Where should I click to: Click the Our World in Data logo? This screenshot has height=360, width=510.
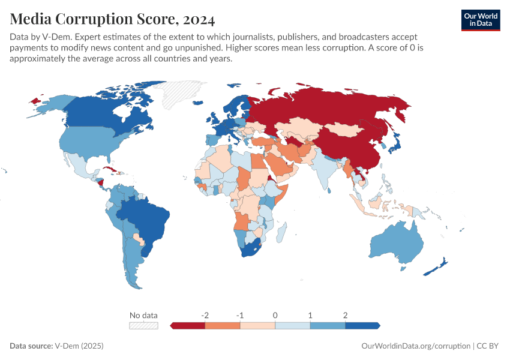point(480,20)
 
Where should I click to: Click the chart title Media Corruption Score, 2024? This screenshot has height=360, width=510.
point(112,19)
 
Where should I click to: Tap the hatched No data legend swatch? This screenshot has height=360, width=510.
point(143,325)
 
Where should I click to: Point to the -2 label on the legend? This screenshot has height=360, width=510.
point(205,315)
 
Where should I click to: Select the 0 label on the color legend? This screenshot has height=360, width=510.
point(275,315)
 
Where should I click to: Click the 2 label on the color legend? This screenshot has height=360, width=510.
point(345,315)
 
